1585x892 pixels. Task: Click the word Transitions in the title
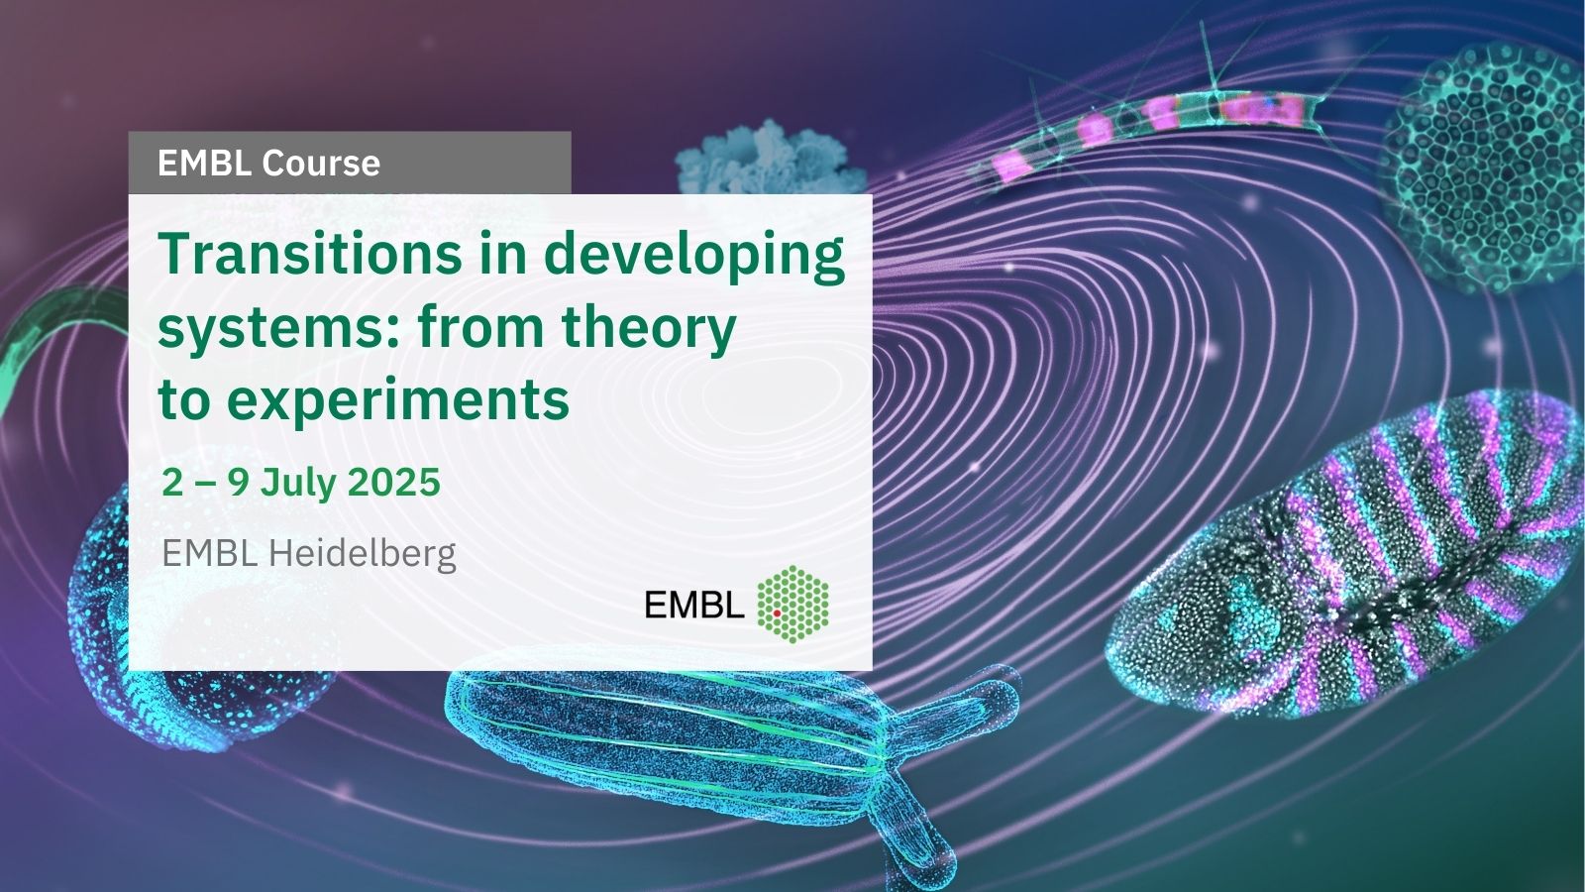click(x=309, y=254)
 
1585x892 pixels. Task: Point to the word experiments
click(x=398, y=399)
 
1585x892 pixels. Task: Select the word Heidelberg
click(x=362, y=554)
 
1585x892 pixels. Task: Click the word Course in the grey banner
click(x=321, y=163)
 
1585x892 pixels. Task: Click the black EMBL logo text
click(x=694, y=605)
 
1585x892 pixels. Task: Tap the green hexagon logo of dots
click(x=792, y=604)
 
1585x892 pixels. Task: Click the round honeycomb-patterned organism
click(x=1485, y=167)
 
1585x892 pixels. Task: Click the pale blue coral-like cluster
click(x=770, y=160)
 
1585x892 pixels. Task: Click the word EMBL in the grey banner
click(x=204, y=163)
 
